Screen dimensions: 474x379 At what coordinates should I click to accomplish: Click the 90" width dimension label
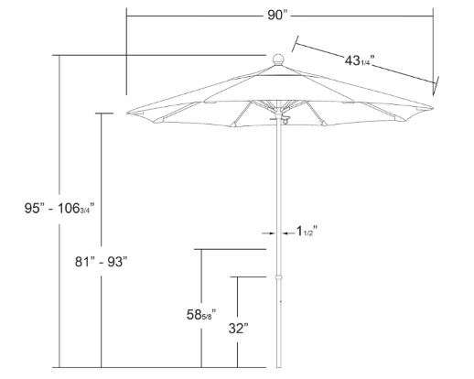[277, 15]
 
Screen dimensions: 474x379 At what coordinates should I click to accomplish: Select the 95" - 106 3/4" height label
[59, 209]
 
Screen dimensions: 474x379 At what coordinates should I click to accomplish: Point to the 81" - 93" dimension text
[101, 262]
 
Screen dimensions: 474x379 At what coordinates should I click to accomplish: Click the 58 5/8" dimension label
[201, 315]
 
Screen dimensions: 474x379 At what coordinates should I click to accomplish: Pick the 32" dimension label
[238, 329]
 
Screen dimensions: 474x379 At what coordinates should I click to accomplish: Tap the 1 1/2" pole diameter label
[307, 232]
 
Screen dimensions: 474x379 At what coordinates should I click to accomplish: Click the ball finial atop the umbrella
[278, 60]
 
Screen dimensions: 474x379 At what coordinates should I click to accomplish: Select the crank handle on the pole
[282, 119]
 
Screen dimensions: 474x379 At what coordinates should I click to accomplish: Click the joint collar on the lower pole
[278, 277]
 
